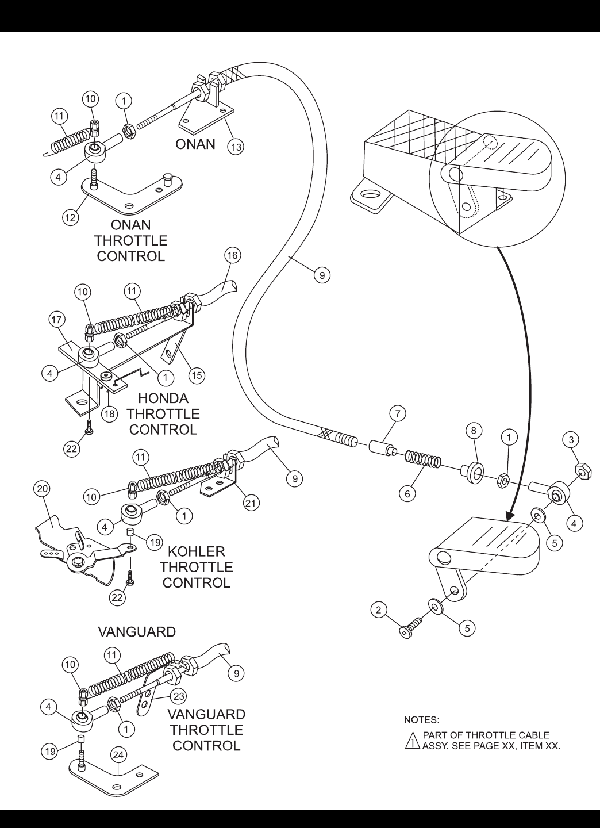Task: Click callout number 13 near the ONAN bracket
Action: pos(236,147)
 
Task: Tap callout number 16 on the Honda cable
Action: pos(232,255)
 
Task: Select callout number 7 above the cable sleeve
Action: pos(398,413)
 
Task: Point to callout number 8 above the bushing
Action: pos(474,430)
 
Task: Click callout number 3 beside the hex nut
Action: pos(571,440)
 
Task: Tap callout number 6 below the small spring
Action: pos(407,494)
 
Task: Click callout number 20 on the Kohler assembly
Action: pos(43,489)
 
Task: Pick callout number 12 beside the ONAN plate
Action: pos(70,217)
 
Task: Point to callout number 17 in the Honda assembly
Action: pos(56,319)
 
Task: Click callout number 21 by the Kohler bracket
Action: pos(251,503)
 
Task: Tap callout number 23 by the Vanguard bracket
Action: pos(179,696)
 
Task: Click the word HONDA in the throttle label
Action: pos(163,398)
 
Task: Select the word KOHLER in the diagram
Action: pos(196,551)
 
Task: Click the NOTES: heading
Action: pos(422,720)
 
